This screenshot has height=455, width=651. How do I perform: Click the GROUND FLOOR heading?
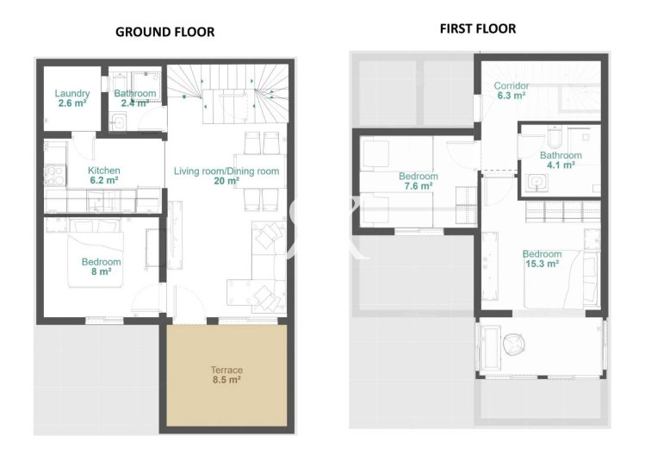point(164,32)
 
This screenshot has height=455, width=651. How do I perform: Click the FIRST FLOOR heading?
point(478,28)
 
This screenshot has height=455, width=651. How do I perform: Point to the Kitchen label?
point(104,171)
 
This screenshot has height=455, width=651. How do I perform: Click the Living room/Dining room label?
point(226,171)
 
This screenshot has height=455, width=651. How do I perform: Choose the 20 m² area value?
point(226,182)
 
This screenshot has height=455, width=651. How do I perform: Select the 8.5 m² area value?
point(226,379)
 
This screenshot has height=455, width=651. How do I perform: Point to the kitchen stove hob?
point(56,171)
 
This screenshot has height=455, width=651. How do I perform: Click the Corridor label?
point(511,86)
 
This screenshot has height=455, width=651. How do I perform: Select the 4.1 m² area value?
point(561,166)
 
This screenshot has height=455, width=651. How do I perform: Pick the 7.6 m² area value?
point(418,187)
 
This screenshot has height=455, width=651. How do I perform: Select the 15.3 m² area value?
point(542,265)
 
